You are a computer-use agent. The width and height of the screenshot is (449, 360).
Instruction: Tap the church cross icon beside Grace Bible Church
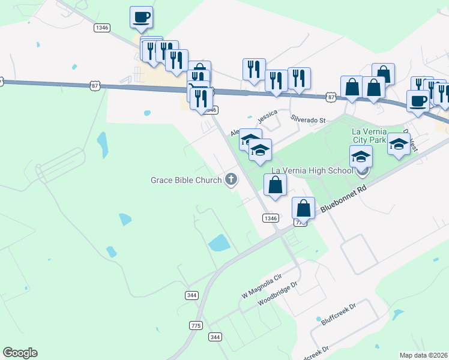tap(231, 179)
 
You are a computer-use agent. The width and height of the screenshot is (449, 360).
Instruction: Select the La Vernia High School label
tap(312, 170)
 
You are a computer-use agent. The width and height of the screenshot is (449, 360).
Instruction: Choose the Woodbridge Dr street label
tap(278, 295)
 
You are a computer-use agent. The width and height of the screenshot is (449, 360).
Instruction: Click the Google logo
tap(20, 353)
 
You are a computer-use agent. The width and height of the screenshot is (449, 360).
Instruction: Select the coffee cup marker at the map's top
tap(141, 18)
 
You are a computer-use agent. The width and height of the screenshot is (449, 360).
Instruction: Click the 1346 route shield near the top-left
tap(101, 28)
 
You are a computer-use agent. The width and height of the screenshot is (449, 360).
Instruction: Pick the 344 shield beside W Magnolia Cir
tap(192, 295)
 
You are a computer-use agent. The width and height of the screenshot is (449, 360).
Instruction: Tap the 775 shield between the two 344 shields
tap(195, 325)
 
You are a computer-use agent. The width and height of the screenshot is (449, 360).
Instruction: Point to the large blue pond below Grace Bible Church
tap(218, 242)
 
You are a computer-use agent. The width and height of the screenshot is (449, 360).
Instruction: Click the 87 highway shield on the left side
tap(95, 86)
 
